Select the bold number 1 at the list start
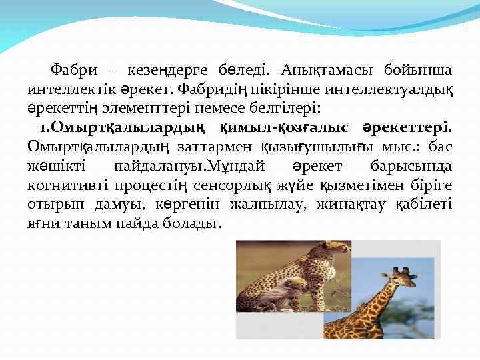coord(41,127)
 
